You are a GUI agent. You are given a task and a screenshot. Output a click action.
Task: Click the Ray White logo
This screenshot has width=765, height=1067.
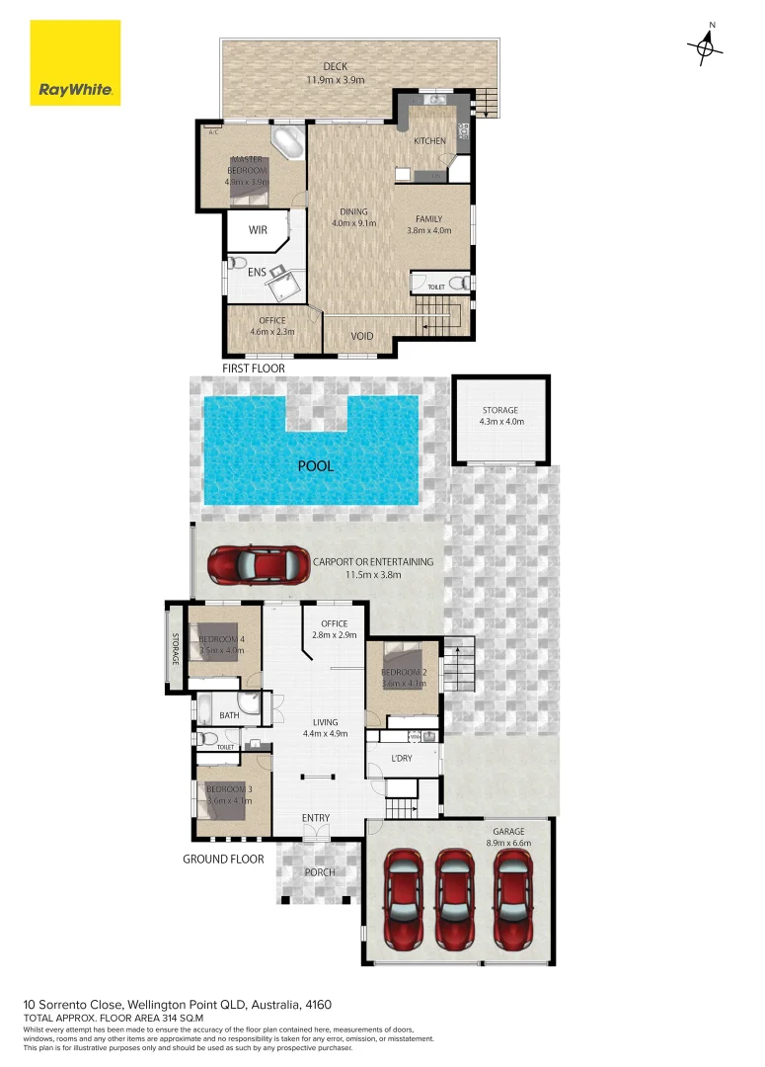75,63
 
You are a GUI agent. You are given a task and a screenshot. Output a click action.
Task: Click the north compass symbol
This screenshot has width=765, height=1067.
707,44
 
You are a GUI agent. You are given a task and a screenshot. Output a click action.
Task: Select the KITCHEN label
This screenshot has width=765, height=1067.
429,141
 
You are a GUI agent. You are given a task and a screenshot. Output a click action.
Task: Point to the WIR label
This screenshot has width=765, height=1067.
258,230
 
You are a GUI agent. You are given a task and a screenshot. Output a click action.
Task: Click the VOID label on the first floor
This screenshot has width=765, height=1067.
362,337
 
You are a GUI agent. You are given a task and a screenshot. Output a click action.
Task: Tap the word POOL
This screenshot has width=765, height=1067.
316,465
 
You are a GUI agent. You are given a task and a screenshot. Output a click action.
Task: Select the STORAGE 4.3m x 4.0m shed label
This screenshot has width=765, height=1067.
499,416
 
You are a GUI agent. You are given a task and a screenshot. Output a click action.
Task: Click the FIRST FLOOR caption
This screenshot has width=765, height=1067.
253,369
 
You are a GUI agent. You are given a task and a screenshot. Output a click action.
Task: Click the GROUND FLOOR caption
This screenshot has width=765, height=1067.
223,860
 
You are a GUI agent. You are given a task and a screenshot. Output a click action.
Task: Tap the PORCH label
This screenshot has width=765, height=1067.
319,872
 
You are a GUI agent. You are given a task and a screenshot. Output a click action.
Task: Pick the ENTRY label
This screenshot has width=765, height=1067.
316,818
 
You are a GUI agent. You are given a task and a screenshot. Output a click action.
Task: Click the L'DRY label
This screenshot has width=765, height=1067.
402,759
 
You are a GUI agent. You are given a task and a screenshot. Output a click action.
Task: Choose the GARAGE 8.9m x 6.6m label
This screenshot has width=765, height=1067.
510,838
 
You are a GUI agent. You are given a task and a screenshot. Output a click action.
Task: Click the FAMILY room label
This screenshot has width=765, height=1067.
428,225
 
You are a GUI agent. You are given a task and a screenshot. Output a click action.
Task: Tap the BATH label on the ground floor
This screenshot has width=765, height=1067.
229,715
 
